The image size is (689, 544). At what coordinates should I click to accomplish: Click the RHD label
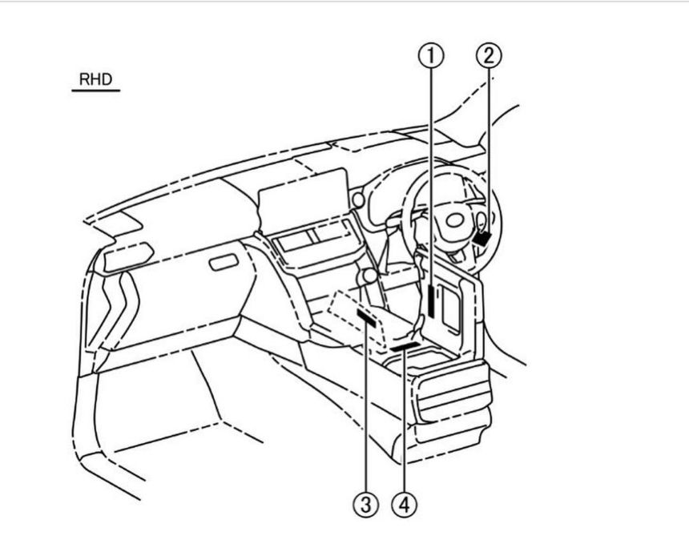click(x=96, y=79)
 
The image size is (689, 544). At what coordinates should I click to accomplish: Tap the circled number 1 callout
click(x=431, y=56)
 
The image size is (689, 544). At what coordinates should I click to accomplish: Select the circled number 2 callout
click(x=489, y=56)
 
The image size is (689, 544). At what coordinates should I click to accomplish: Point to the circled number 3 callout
click(x=366, y=505)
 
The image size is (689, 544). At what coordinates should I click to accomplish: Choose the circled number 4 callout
click(x=404, y=505)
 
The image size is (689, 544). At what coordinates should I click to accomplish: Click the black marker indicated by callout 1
click(x=432, y=300)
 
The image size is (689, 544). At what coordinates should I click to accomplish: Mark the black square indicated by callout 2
click(x=482, y=239)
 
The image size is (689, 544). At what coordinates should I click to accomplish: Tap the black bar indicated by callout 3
click(x=366, y=318)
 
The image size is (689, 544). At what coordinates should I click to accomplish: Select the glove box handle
click(x=224, y=262)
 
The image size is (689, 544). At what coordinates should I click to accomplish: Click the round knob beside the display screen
click(x=358, y=200)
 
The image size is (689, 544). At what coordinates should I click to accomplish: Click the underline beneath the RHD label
click(x=96, y=91)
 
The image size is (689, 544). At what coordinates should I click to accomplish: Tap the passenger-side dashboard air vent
click(x=128, y=257)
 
